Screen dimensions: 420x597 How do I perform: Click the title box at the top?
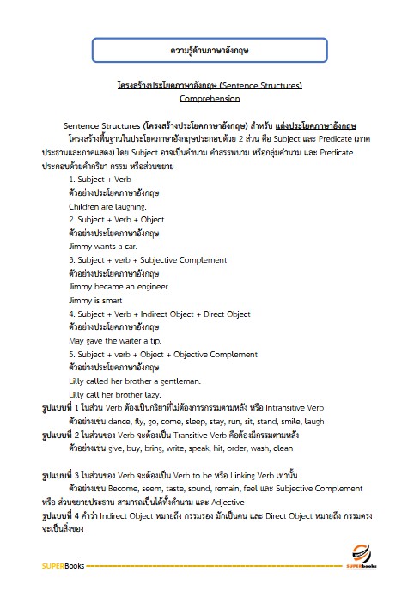(x=210, y=49)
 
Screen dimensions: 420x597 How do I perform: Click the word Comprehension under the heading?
(x=210, y=99)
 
